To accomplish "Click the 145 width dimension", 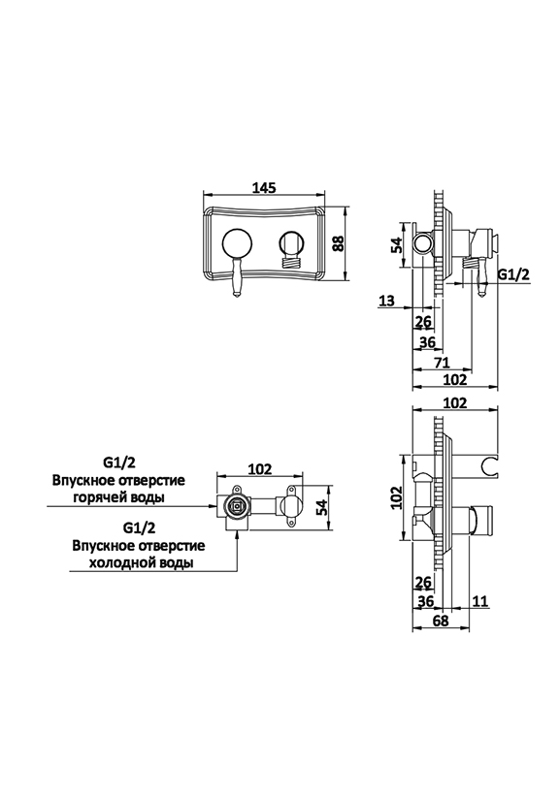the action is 264,187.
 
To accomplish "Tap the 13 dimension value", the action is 386,301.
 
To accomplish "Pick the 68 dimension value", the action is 441,621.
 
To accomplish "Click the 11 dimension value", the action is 480,601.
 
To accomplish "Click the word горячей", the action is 98,497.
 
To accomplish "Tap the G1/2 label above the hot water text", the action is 119,463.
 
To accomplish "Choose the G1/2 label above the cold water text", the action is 139,528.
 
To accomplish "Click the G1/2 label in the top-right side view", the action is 513,274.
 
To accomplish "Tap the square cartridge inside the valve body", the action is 236,507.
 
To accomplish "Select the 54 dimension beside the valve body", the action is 321,507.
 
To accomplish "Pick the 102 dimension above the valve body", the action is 260,468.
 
